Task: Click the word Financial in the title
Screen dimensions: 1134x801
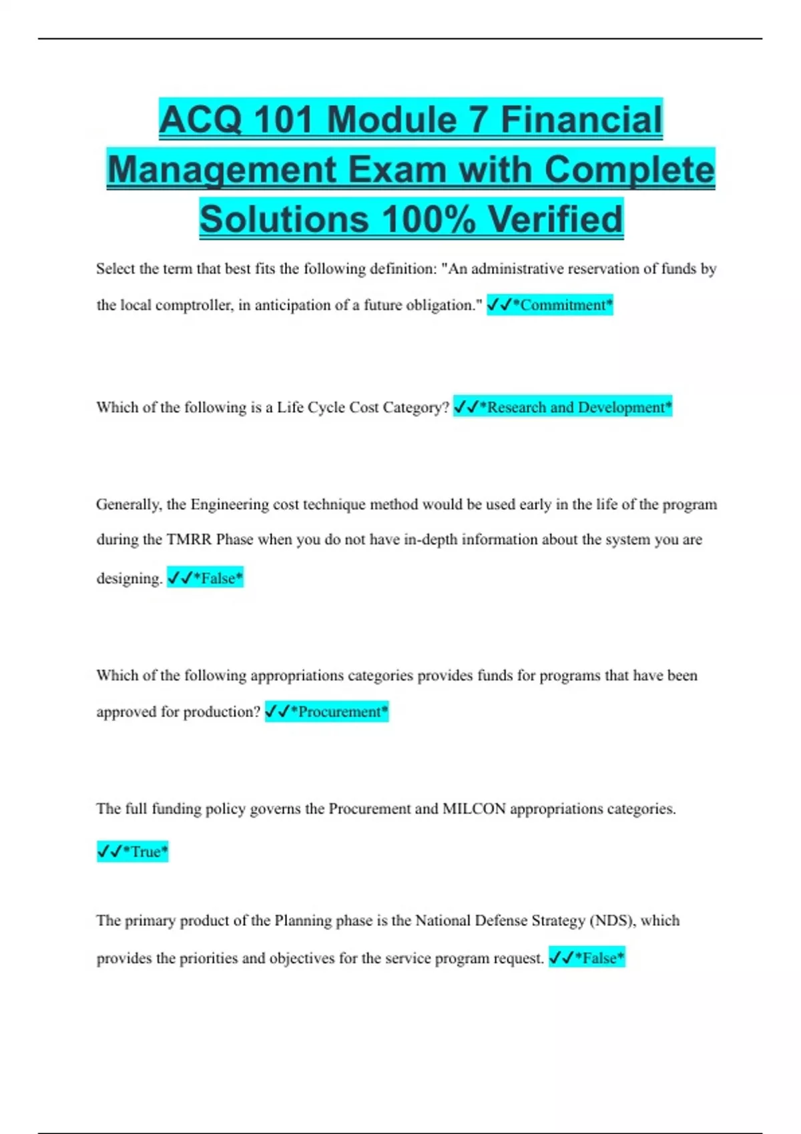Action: point(581,120)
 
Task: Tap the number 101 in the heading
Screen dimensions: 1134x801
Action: point(283,120)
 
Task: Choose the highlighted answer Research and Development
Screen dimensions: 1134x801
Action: point(575,408)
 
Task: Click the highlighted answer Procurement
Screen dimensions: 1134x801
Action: point(338,712)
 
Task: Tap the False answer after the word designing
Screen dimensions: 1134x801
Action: point(218,578)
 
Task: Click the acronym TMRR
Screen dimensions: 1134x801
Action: point(189,540)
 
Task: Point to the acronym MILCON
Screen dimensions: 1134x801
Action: point(474,809)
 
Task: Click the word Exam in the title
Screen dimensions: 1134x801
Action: point(397,169)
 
